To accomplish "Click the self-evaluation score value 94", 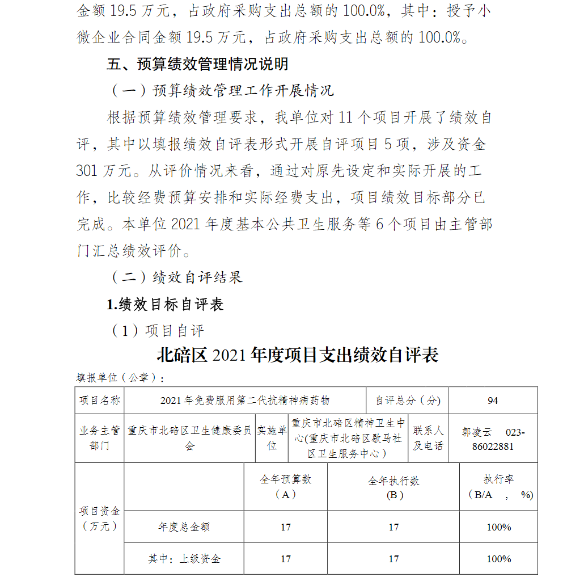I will tap(493, 401).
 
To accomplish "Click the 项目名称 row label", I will tap(99, 401).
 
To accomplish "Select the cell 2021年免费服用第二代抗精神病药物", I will tap(245, 401).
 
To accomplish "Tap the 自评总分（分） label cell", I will tap(408, 401).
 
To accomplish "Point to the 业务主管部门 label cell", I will tap(99, 438).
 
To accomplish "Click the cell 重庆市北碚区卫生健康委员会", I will tap(189, 438).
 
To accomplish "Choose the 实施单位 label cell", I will tap(272, 438).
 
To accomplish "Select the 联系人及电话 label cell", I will tap(428, 438).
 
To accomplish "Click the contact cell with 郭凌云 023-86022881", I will tap(493, 439).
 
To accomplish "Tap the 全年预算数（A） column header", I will tap(286, 487).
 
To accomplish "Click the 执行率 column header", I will tap(498, 487).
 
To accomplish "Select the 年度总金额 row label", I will tap(184, 527).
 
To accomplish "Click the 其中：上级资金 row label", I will tap(184, 559).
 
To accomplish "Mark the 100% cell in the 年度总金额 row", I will tap(498, 527).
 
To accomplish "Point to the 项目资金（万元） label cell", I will tap(99, 519).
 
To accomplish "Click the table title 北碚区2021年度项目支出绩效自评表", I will tap(298, 355).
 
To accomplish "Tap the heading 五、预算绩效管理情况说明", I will tap(197, 64).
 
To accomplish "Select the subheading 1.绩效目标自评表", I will tap(165, 305).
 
